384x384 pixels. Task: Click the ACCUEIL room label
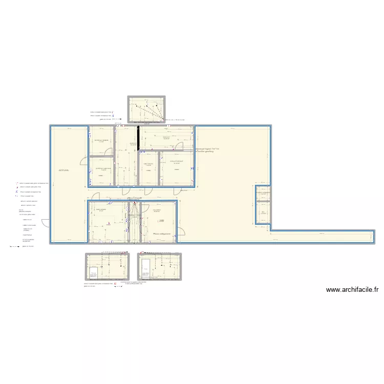pyautogui.click(x=64, y=170)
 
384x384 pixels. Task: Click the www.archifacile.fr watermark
pyautogui.click(x=352, y=290)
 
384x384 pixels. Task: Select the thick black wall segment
pyautogui.click(x=138, y=138)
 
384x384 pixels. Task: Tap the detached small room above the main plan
pyautogui.click(x=146, y=110)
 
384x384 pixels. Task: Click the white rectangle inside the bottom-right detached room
pyautogui.click(x=146, y=268)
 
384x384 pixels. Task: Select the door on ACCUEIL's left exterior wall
pyautogui.click(x=46, y=223)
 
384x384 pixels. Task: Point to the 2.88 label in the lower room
pyautogui.click(x=161, y=221)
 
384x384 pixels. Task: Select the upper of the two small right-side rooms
pyautogui.click(x=263, y=194)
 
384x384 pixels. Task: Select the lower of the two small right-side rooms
pyautogui.click(x=263, y=213)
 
